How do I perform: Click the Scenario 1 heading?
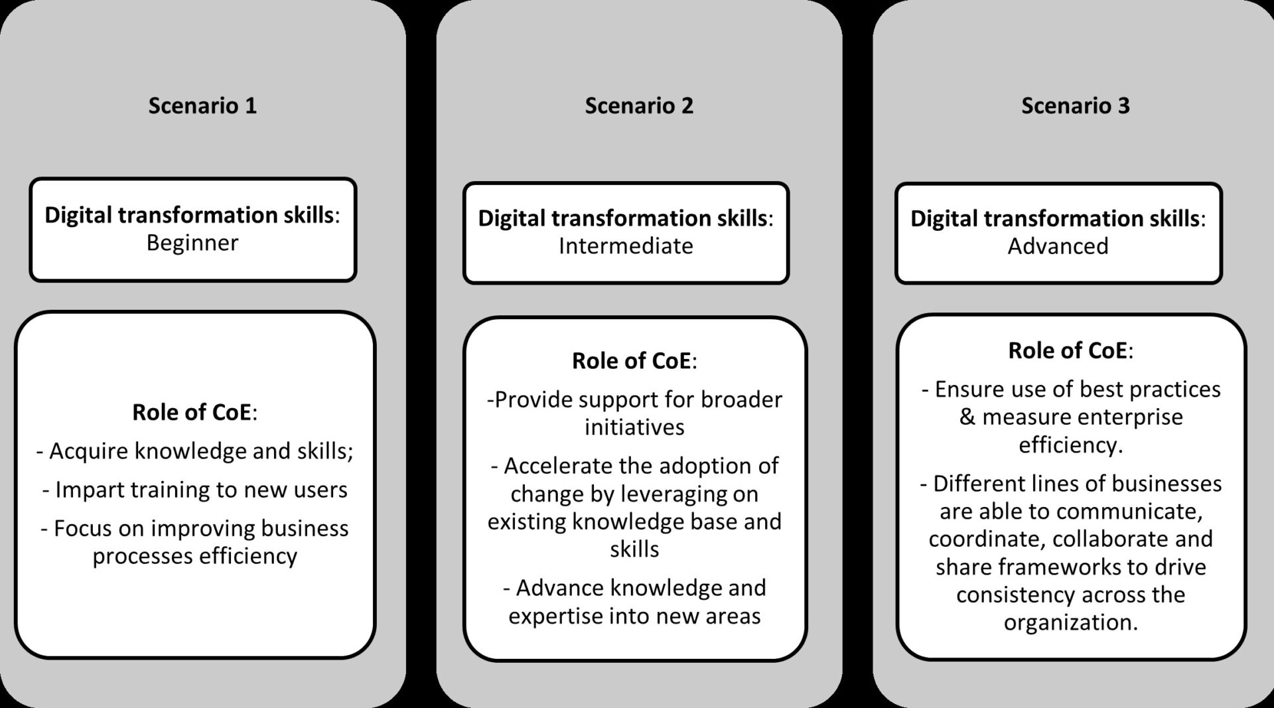click(202, 106)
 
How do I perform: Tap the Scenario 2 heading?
click(639, 106)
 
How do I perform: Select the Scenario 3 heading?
click(1075, 106)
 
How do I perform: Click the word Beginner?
click(192, 243)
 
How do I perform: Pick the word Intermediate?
click(626, 246)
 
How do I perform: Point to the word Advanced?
click(1058, 246)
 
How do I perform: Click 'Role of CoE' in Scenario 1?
click(194, 412)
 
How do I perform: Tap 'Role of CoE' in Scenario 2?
click(634, 361)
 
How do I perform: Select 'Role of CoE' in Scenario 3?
click(1070, 350)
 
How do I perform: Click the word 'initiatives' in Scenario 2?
click(634, 427)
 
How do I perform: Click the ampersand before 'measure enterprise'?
click(967, 417)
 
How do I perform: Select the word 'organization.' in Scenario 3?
click(1070, 622)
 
